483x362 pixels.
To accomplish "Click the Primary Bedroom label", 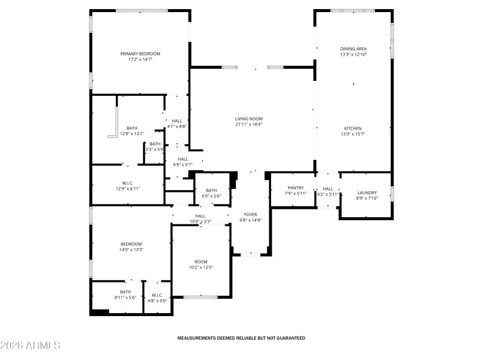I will [x=139, y=54].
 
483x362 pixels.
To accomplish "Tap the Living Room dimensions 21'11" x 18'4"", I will [x=249, y=124].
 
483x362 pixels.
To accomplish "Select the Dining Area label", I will [x=353, y=49].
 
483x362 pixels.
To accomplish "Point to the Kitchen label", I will [x=353, y=129].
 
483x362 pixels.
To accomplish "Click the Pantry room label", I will [x=296, y=188].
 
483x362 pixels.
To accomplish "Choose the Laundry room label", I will [x=367, y=192].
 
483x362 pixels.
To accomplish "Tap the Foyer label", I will [x=251, y=214].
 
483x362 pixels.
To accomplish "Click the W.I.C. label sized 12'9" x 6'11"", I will [x=127, y=183].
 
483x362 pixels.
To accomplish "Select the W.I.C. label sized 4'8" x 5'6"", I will [x=157, y=295].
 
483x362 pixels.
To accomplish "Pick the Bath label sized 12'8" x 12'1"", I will [x=132, y=128].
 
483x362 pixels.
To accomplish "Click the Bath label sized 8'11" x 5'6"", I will [x=125, y=292].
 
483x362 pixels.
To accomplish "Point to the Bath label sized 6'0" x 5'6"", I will [x=211, y=190].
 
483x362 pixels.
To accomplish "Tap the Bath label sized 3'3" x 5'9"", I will [x=155, y=144].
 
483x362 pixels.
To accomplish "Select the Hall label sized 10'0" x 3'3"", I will [x=200, y=216].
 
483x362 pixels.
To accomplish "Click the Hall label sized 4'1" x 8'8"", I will [x=177, y=121].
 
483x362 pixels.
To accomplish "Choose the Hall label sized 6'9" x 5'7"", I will [x=182, y=159].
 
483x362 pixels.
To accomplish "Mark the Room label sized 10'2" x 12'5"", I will [x=200, y=261].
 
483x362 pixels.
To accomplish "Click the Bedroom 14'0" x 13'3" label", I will [x=130, y=244].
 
